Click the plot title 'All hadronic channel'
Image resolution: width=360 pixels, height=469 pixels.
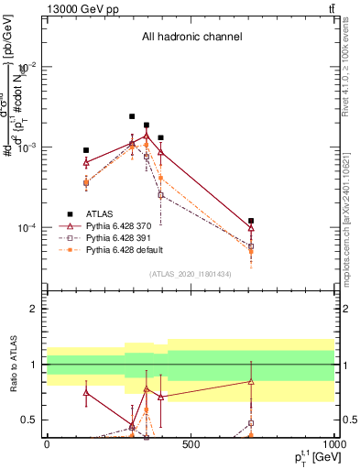coord(191,37)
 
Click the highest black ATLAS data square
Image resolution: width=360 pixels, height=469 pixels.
coord(132,116)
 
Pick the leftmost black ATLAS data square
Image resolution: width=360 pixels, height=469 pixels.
coord(86,150)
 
